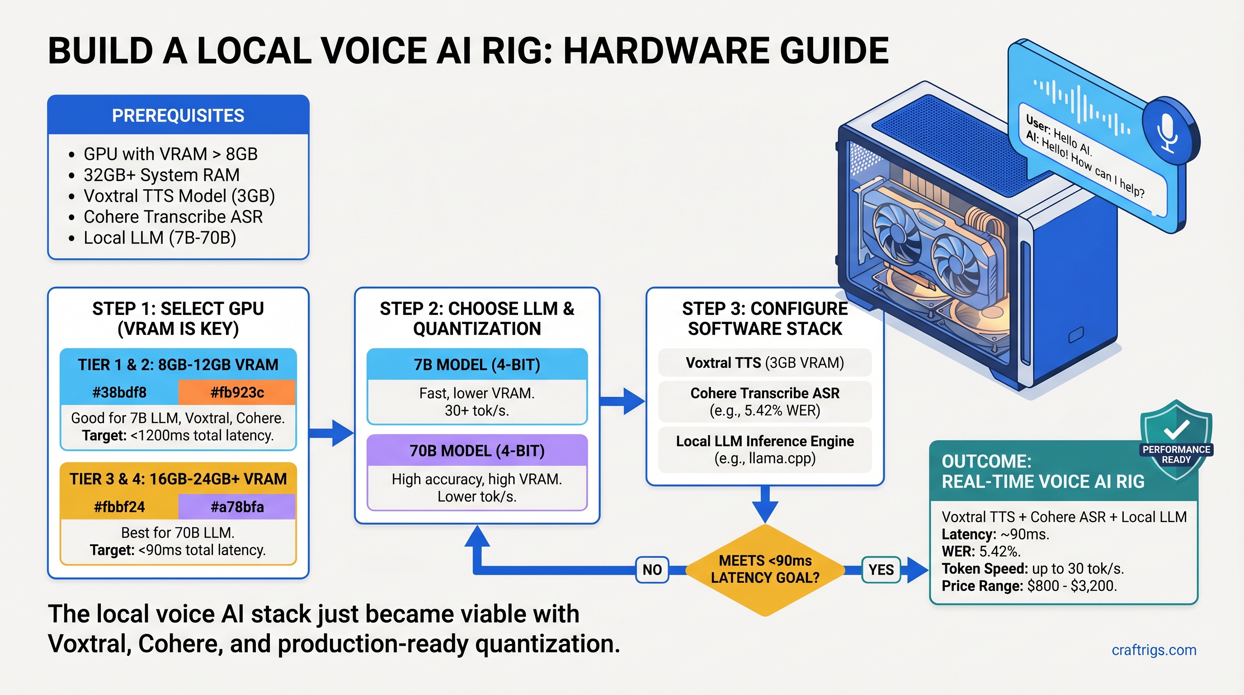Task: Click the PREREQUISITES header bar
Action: pos(178,115)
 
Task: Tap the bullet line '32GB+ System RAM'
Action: pos(161,175)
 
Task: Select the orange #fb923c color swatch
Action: pos(236,392)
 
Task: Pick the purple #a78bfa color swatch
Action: pos(236,506)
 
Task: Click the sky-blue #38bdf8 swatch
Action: pos(119,392)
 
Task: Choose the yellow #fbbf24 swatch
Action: pos(119,506)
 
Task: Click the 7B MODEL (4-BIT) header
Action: pos(476,364)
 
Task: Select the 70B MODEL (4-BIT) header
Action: pos(476,451)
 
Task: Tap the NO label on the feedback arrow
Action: pos(652,569)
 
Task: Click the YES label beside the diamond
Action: pos(881,569)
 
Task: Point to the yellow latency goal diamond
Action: pos(765,569)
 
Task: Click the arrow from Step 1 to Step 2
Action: pos(332,432)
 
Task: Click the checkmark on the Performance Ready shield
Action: pos(1176,428)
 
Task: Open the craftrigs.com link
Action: pos(1154,650)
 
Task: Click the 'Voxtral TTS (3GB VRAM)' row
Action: pos(764,362)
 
